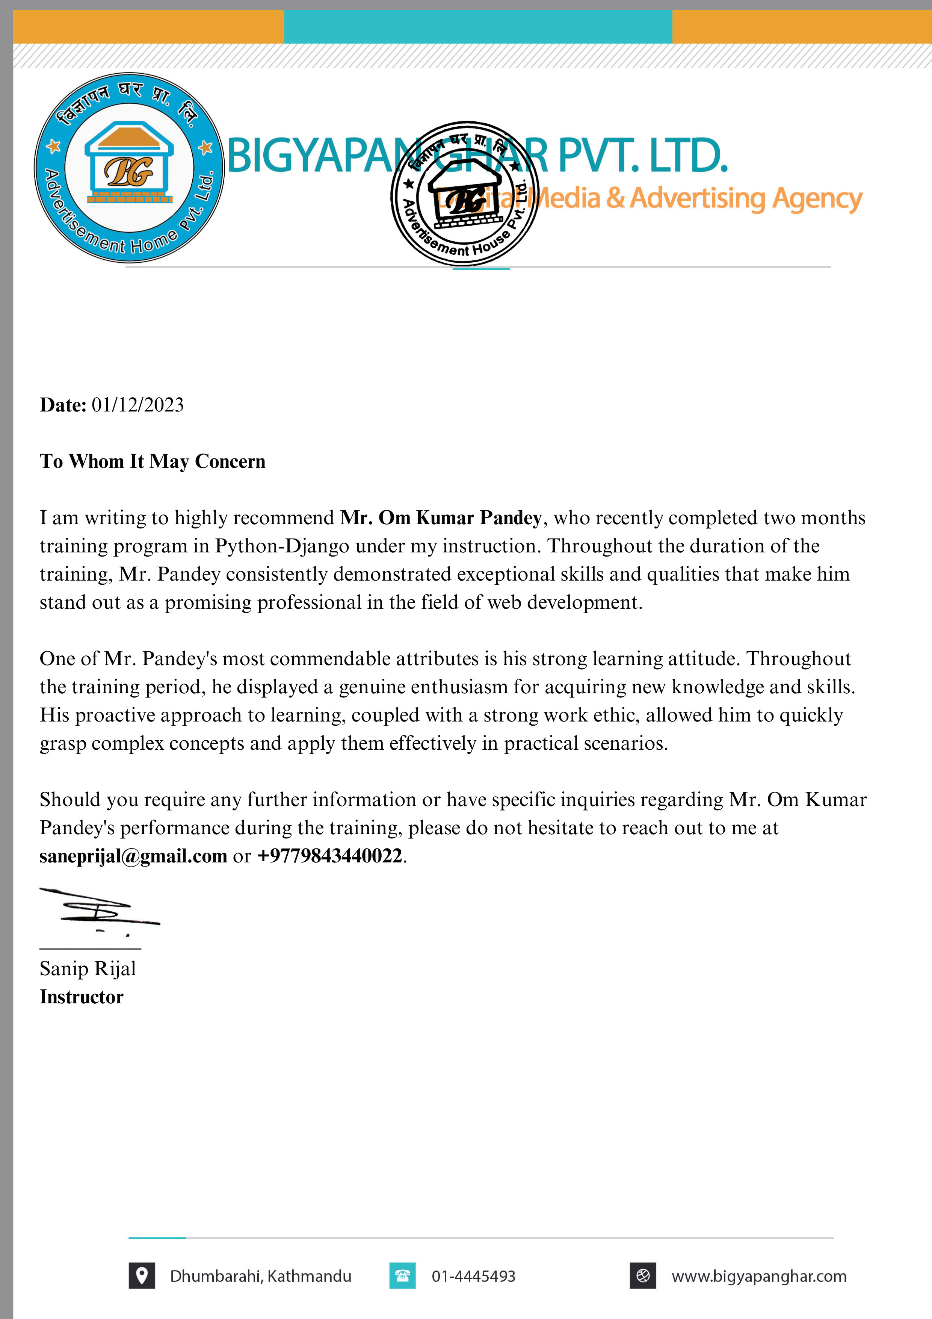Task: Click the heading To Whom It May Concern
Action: point(152,461)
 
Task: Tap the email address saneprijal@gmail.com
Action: point(133,856)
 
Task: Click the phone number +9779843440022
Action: point(329,856)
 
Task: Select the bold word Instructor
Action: point(82,997)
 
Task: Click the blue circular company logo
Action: point(129,168)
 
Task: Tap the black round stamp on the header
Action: point(465,194)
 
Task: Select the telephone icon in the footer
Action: point(402,1276)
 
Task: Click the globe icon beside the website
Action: point(643,1276)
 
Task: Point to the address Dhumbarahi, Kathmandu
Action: point(260,1277)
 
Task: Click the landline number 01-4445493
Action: point(473,1277)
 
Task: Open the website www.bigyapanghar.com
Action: point(758,1277)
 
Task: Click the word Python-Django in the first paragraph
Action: point(282,546)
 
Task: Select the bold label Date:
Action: point(63,405)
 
